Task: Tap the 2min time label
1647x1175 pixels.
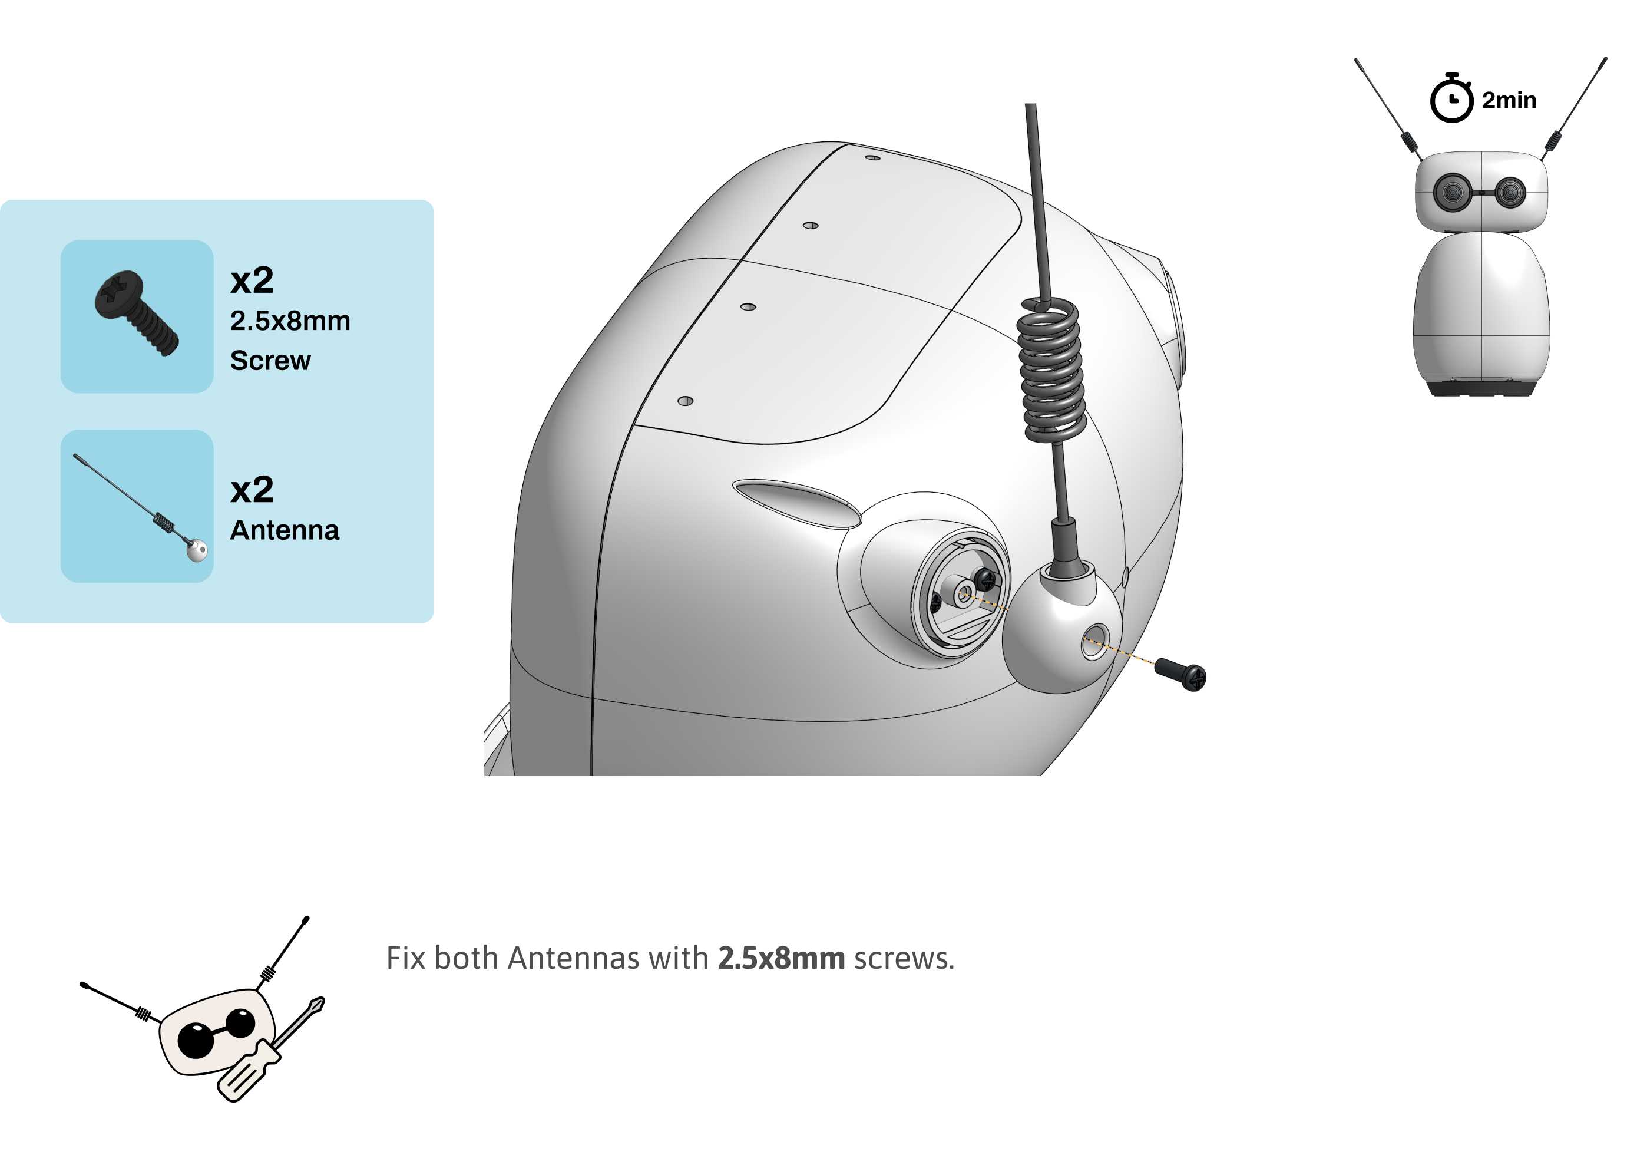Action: click(x=1509, y=100)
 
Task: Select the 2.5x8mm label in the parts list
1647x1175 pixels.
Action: click(x=290, y=321)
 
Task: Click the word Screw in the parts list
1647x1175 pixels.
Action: click(x=270, y=360)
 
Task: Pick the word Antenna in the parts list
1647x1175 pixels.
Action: click(x=285, y=530)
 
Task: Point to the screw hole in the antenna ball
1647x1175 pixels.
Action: click(x=1094, y=641)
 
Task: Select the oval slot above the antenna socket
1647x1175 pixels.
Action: click(x=796, y=501)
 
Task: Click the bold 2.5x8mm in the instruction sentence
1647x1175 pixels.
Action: click(x=781, y=958)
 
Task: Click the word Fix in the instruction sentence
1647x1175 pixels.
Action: click(x=406, y=958)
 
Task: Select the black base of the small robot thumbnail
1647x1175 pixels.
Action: click(x=1481, y=388)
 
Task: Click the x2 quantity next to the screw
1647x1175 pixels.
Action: click(x=252, y=280)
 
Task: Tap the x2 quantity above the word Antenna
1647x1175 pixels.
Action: click(x=252, y=490)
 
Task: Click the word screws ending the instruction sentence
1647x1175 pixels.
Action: click(x=904, y=959)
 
